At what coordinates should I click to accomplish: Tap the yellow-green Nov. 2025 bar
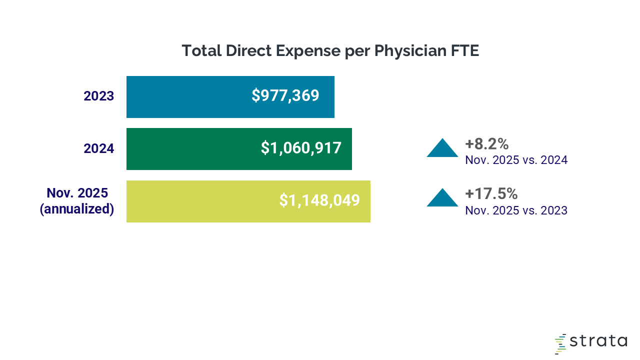[200, 201]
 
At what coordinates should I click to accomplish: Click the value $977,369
[285, 95]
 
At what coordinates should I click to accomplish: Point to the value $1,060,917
[301, 148]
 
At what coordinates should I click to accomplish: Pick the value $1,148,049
[319, 200]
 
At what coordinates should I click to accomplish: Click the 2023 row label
[99, 96]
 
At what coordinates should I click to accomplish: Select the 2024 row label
[99, 148]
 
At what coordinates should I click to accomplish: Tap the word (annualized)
[77, 208]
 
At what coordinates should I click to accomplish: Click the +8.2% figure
[486, 144]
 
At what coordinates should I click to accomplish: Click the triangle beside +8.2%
[442, 148]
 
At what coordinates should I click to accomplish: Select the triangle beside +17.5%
[442, 197]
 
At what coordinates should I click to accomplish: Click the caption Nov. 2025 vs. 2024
[516, 160]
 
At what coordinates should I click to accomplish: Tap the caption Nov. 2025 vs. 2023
[516, 210]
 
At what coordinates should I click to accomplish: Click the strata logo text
[598, 341]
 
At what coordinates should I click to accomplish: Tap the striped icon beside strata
[561, 343]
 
